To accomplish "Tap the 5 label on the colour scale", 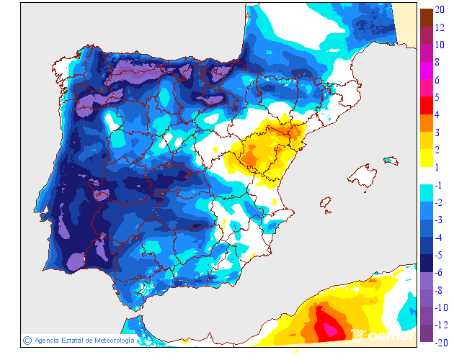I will (438, 97).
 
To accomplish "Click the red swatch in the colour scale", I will (427, 106).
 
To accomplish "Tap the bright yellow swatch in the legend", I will (427, 158).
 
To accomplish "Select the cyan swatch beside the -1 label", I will (427, 193).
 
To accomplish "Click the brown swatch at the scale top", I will (427, 17).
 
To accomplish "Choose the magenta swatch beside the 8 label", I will (427, 71).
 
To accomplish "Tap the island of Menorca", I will (391, 160).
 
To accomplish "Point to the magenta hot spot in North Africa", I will (329, 328).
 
